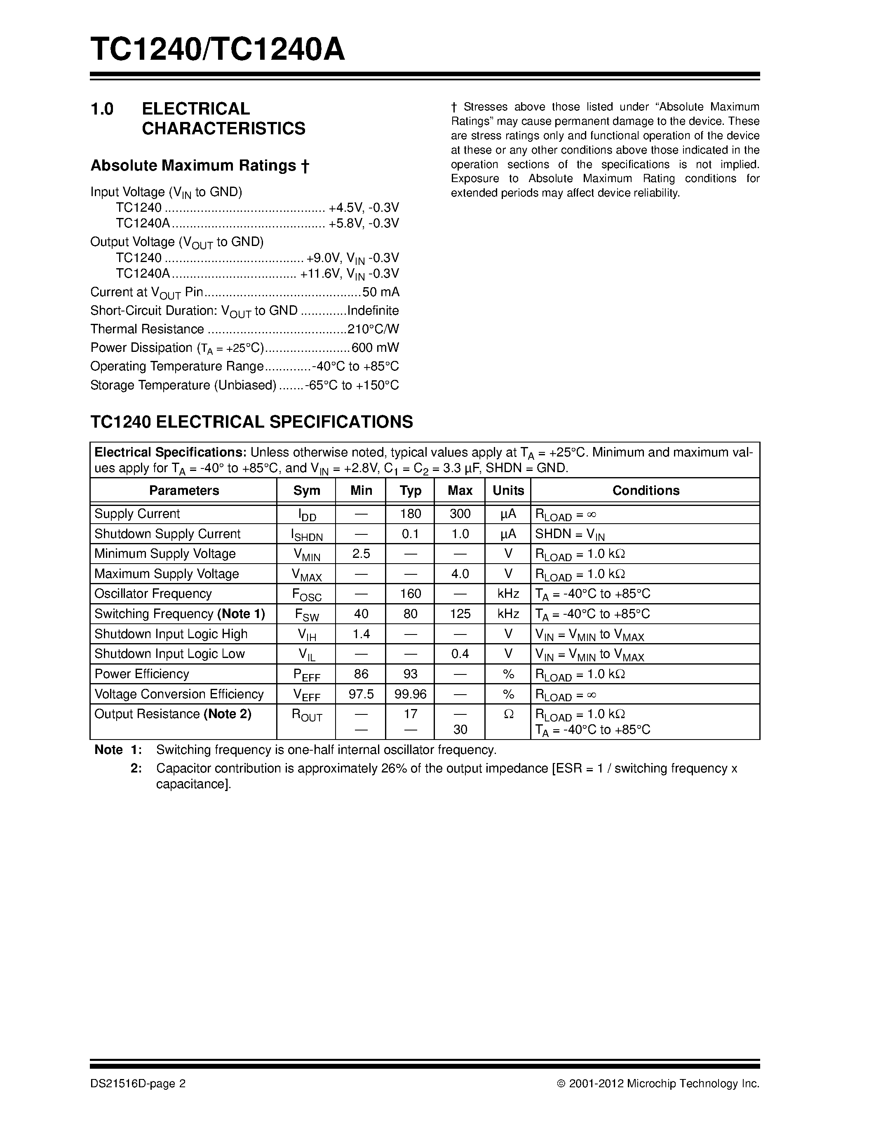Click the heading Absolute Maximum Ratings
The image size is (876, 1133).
click(x=200, y=166)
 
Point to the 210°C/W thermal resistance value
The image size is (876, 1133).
click(x=373, y=330)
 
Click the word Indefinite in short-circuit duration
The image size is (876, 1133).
click(x=373, y=311)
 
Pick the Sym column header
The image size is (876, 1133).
click(x=306, y=491)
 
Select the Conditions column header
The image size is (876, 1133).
click(x=645, y=491)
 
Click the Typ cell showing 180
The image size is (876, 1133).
click(x=410, y=514)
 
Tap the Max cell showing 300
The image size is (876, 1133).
click(x=459, y=514)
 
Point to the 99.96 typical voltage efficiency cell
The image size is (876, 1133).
click(x=410, y=694)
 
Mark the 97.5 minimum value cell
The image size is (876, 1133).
click(x=361, y=694)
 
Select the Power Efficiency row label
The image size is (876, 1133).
click(x=142, y=674)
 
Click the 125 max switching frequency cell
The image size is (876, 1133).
click(x=459, y=614)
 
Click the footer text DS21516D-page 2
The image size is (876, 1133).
click(x=138, y=1084)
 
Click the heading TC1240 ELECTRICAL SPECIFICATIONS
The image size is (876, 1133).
click(x=252, y=422)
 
